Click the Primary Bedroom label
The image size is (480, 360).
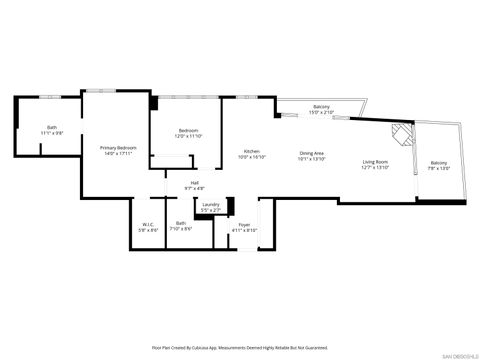pos(117,148)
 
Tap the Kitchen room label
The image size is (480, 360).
pos(252,151)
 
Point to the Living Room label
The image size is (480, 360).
pos(375,161)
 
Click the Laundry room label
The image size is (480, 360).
pos(210,204)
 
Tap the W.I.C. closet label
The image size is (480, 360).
pos(148,224)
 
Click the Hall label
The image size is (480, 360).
pos(193,182)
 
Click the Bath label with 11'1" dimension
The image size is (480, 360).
pos(51,127)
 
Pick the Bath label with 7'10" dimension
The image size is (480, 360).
pos(180,223)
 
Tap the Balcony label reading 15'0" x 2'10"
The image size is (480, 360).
pos(321,107)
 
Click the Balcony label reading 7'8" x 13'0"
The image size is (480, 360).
pos(439,163)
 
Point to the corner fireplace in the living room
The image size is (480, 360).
pos(401,132)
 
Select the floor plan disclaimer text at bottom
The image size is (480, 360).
pos(240,347)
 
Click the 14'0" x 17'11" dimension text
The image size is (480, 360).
pos(117,154)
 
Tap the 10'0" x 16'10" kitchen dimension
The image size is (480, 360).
pos(252,157)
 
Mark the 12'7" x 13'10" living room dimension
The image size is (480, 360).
pos(375,167)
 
